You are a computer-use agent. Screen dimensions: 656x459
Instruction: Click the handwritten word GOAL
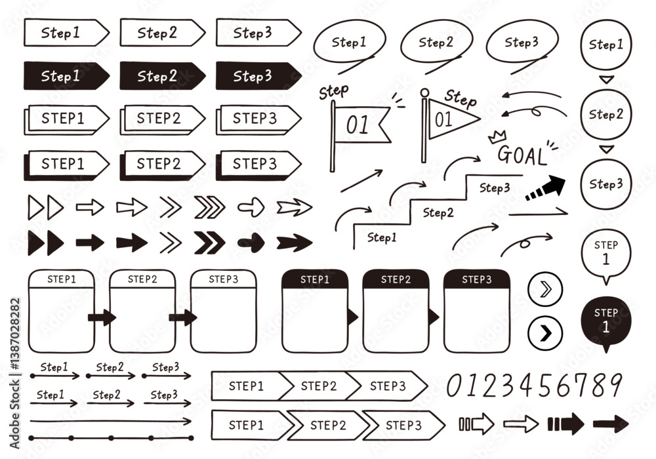pos(522,155)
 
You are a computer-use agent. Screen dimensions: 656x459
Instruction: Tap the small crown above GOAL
pos(497,136)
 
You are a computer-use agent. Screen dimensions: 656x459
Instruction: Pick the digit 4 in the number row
pos(527,385)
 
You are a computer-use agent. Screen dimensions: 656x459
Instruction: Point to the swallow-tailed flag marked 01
pos(362,125)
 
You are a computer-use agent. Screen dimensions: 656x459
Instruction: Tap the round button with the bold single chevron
pos(545,333)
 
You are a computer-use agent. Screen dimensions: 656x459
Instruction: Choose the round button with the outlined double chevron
pos(545,289)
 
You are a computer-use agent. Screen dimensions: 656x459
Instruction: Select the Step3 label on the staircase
pos(495,188)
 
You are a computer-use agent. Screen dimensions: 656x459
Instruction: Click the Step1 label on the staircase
pos(382,237)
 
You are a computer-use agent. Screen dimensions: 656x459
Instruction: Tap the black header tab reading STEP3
pos(476,279)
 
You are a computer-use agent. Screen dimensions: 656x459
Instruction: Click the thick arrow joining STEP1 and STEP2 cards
pos(102,317)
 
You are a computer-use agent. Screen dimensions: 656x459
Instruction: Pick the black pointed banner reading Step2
pos(162,75)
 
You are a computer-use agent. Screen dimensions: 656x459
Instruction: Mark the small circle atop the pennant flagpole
pos(424,93)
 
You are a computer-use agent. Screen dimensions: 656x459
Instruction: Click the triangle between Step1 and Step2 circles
pos(606,79)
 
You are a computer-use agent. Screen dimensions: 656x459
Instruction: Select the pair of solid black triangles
pos(46,243)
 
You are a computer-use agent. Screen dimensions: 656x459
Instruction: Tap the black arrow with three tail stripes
pos(565,424)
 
